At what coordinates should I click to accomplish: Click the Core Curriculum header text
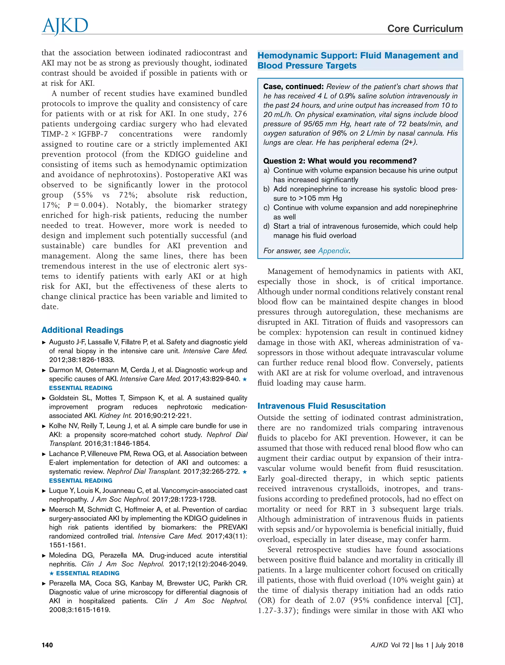click(x=425, y=29)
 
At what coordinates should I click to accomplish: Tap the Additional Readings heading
click(x=82, y=330)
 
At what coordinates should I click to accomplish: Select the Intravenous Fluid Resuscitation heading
click(x=321, y=406)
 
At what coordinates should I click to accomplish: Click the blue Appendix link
click(x=333, y=250)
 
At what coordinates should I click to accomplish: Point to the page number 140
click(x=47, y=645)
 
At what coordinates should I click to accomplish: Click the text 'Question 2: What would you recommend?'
click(x=340, y=161)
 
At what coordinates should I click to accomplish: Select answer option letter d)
click(x=266, y=226)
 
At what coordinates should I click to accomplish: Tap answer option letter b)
click(x=266, y=189)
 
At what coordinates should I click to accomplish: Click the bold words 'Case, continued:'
click(x=293, y=87)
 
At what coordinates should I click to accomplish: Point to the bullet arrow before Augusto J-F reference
click(x=44, y=342)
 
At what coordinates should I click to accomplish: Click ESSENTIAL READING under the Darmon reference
click(x=81, y=388)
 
